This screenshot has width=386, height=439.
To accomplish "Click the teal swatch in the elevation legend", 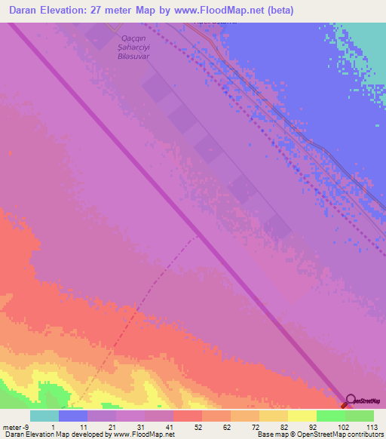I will pyautogui.click(x=44, y=416).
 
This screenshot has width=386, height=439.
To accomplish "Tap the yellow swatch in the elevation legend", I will pyautogui.click(x=302, y=416).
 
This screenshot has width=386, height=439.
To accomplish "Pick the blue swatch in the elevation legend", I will pyautogui.click(x=73, y=416).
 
